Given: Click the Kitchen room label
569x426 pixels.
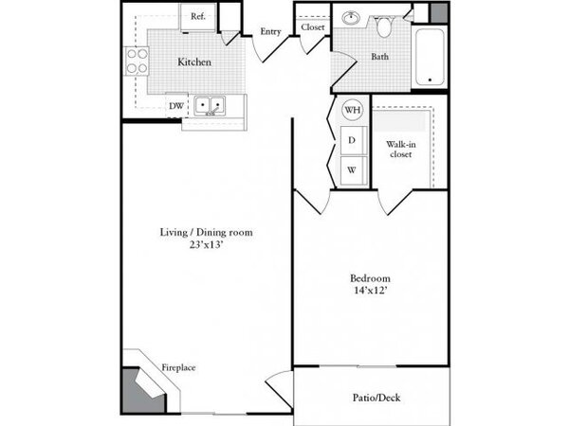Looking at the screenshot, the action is click(x=194, y=62).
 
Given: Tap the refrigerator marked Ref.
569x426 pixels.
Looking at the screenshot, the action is click(x=198, y=17).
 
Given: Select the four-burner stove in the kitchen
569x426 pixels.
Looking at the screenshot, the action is click(x=138, y=61).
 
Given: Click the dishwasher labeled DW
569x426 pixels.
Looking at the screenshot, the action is click(x=176, y=106).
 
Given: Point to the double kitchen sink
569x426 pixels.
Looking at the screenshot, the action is click(x=210, y=106).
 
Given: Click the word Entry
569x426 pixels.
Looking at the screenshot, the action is click(x=270, y=32).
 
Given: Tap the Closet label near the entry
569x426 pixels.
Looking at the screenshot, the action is click(x=312, y=27).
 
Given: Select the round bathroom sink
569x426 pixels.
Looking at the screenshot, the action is click(x=351, y=17).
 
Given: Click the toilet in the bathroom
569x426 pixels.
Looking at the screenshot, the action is click(x=383, y=27).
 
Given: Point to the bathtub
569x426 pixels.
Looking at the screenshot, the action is click(x=430, y=57).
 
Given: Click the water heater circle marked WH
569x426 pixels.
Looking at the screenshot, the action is click(x=353, y=110).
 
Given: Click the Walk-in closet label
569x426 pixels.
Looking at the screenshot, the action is click(x=400, y=150).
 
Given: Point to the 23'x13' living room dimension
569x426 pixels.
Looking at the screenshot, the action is click(x=206, y=245).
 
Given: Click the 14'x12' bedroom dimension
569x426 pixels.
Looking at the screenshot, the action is click(x=370, y=290).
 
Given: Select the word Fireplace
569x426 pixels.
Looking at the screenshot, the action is click(x=178, y=367).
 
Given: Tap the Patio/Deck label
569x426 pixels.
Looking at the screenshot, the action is click(x=376, y=398).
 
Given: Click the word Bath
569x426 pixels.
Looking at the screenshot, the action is click(x=380, y=57).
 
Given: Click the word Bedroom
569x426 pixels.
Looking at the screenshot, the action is click(x=370, y=278).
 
